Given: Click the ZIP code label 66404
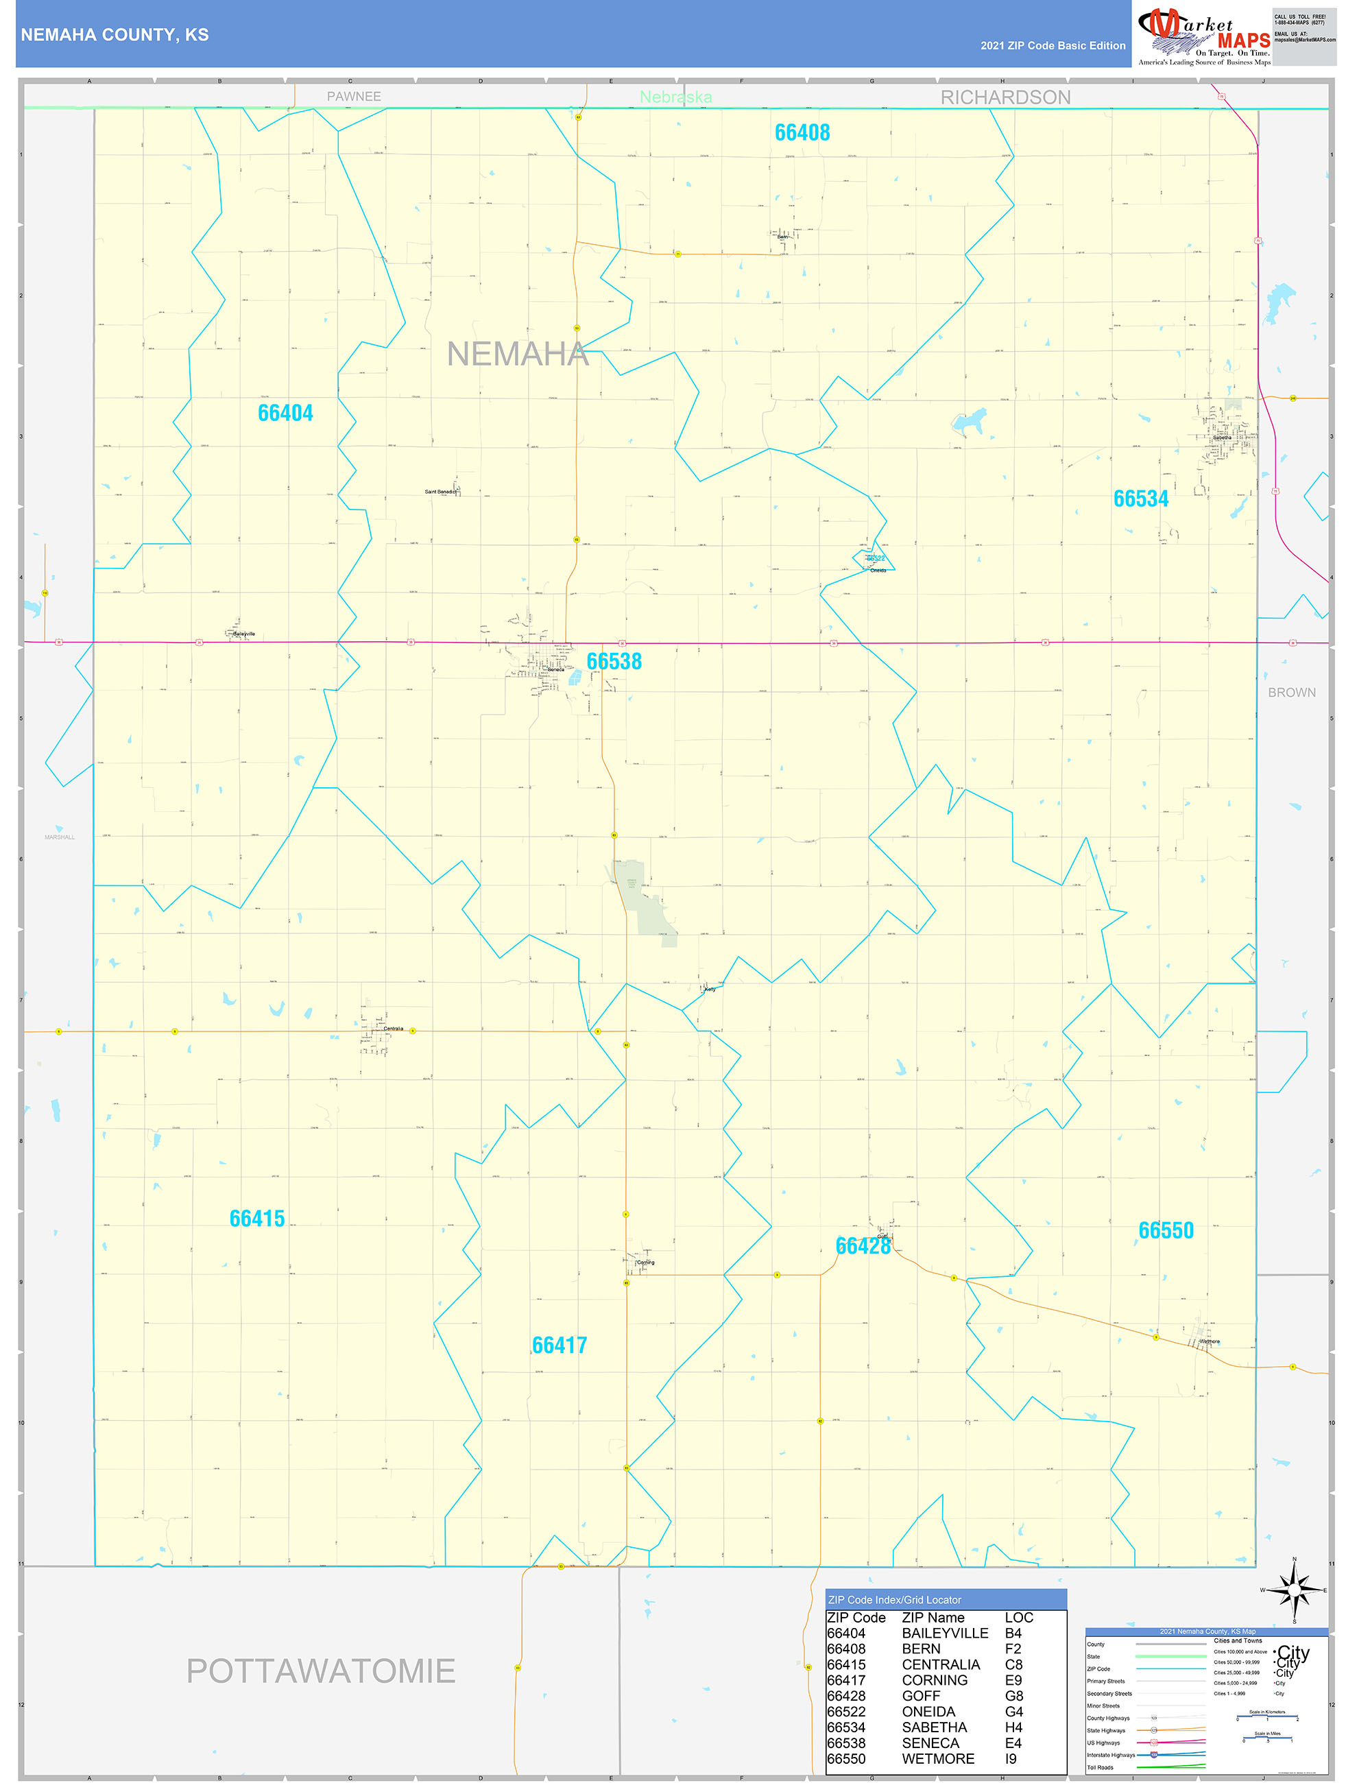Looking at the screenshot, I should (285, 413).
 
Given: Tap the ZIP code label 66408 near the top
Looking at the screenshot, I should (802, 132).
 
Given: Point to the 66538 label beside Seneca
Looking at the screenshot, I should (614, 661).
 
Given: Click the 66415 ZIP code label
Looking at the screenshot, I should (257, 1218).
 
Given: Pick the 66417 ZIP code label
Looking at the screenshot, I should (560, 1345).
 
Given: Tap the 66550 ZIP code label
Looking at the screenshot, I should (1166, 1230).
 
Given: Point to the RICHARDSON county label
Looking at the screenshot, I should (1005, 97).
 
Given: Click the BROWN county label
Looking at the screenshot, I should (1291, 693).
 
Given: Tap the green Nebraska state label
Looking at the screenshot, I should (675, 97).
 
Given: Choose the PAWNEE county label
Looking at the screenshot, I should (354, 97).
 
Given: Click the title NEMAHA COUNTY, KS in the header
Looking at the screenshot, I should (115, 35).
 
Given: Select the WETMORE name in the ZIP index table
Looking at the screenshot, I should (937, 1759).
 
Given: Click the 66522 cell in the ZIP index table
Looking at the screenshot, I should (845, 1711).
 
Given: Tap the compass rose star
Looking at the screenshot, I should (1295, 1590).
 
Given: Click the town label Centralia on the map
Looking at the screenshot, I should (394, 1029).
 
